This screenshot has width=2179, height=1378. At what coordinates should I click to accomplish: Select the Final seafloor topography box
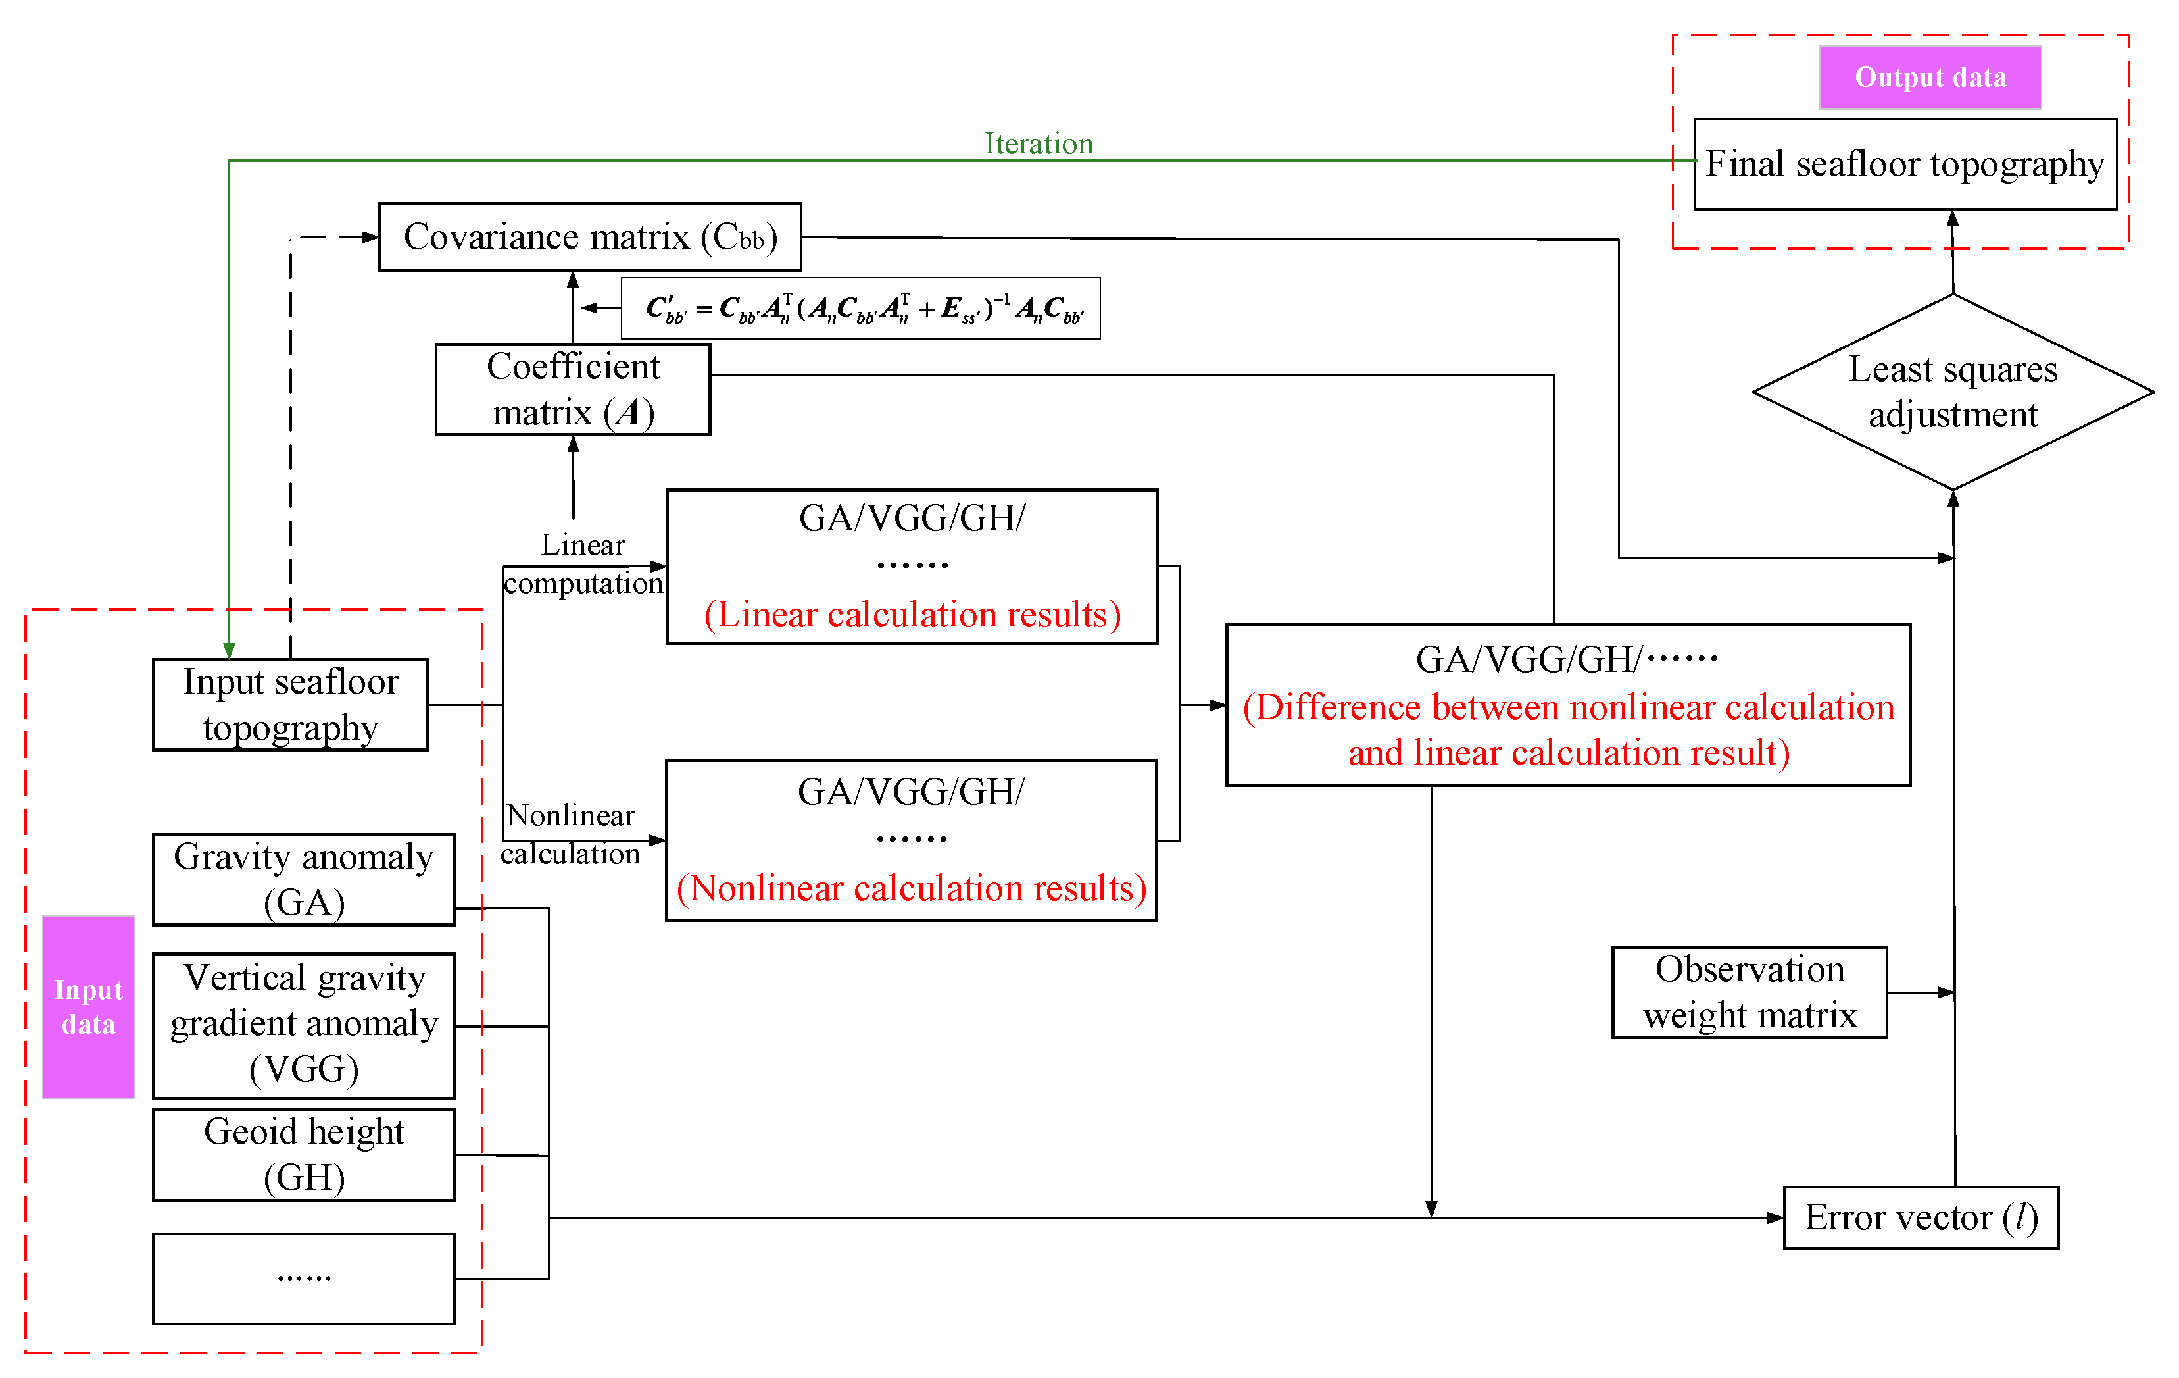tap(1904, 164)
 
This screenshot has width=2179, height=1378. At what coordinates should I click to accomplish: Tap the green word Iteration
tap(1038, 143)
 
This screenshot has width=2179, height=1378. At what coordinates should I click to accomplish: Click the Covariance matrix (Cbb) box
tap(589, 237)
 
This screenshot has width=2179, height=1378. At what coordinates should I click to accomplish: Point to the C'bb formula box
tap(860, 309)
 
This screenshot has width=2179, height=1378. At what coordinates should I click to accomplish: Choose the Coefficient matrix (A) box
tap(572, 390)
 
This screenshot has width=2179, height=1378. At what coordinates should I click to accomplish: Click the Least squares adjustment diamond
tap(1952, 391)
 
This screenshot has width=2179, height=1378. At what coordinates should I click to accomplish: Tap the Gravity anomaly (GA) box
tap(303, 879)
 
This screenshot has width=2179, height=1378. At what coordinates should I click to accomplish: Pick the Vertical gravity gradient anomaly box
tap(303, 1024)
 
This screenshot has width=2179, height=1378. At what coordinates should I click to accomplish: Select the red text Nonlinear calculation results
tap(910, 888)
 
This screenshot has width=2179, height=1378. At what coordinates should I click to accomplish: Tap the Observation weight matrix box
tap(1748, 992)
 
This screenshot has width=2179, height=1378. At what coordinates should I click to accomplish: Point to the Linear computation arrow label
tap(583, 563)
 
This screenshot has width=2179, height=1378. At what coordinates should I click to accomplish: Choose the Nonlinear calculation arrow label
tap(570, 834)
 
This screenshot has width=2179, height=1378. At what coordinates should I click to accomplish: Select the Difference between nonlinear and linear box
tap(1567, 705)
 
